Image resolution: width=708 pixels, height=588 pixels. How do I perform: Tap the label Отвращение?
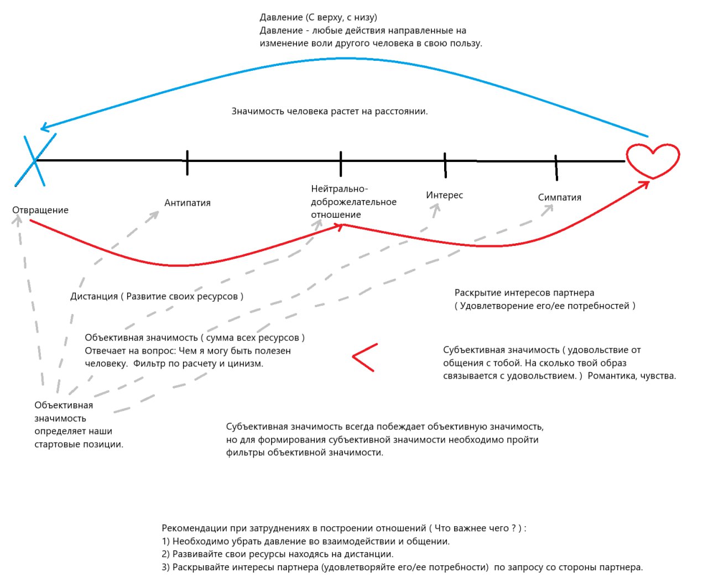pos(40,210)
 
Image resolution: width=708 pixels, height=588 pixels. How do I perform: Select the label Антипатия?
pos(188,203)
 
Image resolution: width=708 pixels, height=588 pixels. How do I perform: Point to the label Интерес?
pos(444,195)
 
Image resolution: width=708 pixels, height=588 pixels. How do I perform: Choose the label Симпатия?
pos(559,197)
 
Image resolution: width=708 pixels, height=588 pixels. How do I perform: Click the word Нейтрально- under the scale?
pos(340,188)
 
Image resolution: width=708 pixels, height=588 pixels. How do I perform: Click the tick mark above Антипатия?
pos(187,163)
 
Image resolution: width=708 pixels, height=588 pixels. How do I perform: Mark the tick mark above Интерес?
pos(445,165)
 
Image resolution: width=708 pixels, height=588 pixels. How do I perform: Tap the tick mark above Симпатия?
pos(556,167)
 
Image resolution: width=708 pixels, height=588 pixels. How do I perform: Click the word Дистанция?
pos(94,296)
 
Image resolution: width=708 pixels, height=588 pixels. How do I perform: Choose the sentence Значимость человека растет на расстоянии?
pos(330,111)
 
